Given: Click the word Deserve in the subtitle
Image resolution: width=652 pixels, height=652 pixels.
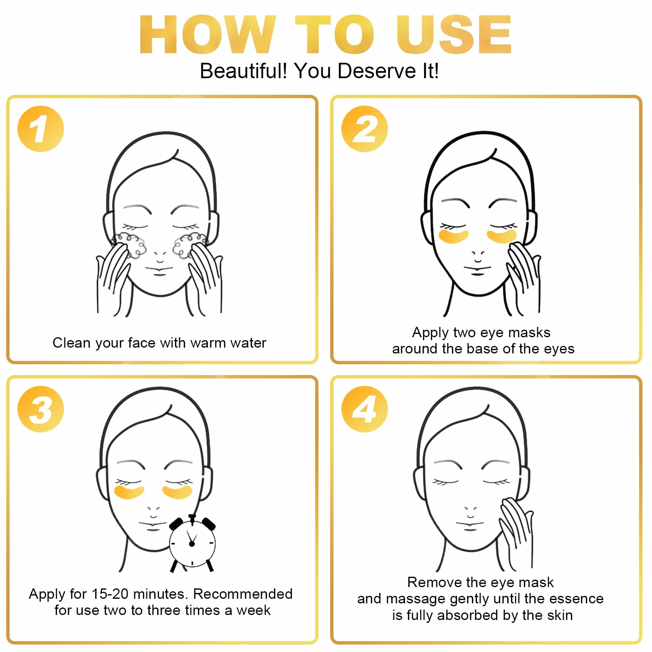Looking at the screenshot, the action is pyautogui.click(x=377, y=71).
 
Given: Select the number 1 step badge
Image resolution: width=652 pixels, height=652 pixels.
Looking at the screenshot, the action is pyautogui.click(x=41, y=129).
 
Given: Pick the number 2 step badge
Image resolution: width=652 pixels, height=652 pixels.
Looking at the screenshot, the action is pyautogui.click(x=365, y=129).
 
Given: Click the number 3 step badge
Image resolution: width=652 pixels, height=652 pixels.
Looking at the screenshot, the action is pyautogui.click(x=41, y=409).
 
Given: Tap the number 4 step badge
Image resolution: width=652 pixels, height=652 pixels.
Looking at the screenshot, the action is pyautogui.click(x=365, y=409).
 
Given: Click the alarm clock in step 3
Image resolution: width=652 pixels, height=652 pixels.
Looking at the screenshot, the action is pyautogui.click(x=192, y=543).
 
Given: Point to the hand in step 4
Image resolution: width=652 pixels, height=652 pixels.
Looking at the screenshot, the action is pyautogui.click(x=516, y=532).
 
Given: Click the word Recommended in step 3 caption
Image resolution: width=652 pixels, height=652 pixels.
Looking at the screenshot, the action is pyautogui.click(x=243, y=594).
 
